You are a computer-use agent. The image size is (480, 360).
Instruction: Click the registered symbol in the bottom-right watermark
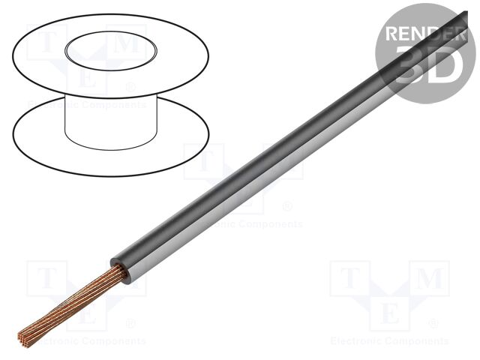pyautogui.click(x=432, y=325)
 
